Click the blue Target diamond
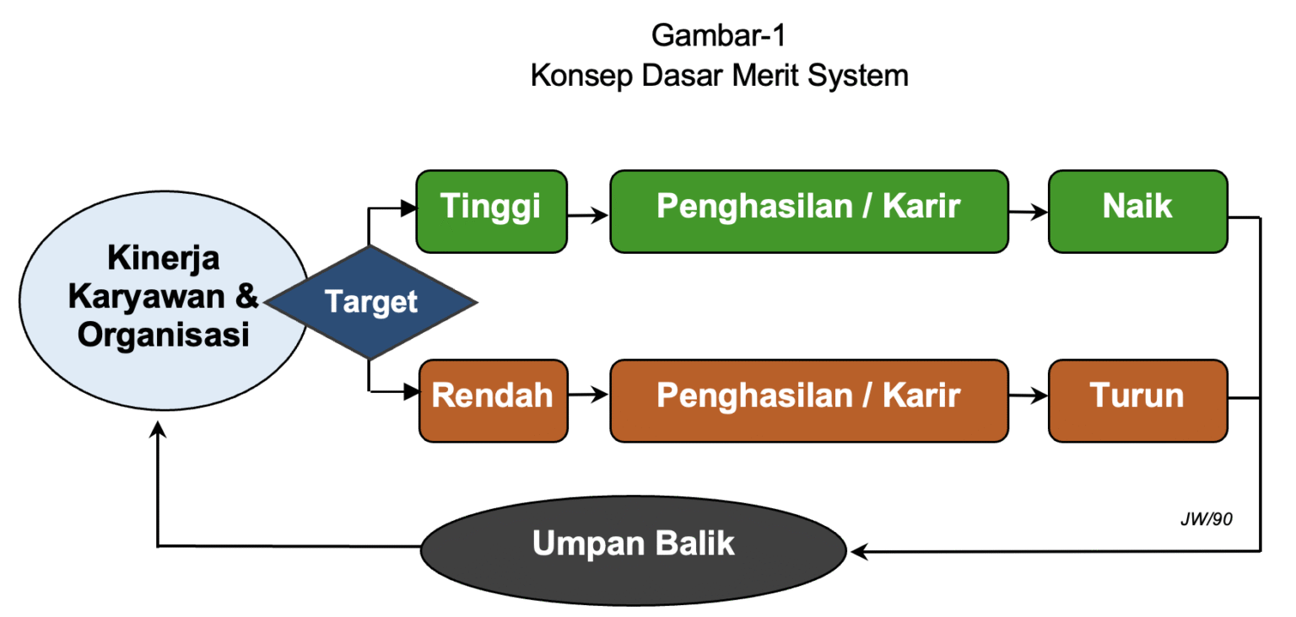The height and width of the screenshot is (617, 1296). coord(370,302)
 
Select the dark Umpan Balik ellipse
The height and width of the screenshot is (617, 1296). coord(633,546)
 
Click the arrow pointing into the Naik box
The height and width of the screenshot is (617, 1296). coord(1029,214)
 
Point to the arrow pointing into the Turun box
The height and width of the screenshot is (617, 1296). coord(1029,394)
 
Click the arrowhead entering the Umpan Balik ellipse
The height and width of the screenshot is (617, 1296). coord(859,552)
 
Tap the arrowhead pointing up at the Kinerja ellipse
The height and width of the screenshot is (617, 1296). coord(158,431)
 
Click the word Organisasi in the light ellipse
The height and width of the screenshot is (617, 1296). coord(164,336)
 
